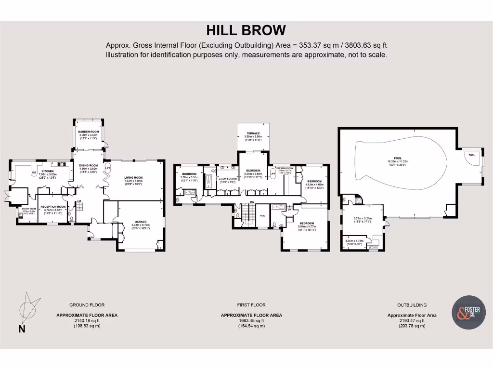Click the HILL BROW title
click(246, 30)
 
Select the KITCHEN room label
click(47, 172)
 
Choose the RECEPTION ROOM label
click(53, 206)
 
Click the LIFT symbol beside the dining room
click(107, 168)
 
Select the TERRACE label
click(253, 133)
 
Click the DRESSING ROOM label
click(285, 168)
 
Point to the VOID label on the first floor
click(263, 215)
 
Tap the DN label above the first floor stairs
click(252, 201)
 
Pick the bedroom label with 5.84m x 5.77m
click(306, 224)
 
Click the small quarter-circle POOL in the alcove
click(471, 155)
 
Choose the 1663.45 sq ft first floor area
click(251, 320)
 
